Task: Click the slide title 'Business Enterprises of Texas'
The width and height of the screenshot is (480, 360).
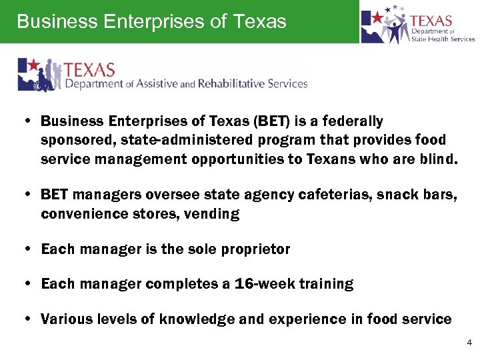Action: coord(151,21)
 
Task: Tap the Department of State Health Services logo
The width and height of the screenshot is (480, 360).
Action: coord(418,25)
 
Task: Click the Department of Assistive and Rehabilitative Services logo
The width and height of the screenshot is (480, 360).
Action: coord(163,75)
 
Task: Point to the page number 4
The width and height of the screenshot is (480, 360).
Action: coord(469,343)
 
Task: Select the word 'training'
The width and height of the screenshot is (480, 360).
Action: coord(326,284)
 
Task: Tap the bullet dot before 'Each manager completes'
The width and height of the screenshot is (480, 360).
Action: coord(25,285)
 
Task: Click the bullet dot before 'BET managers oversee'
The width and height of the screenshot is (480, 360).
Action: coord(25,195)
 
